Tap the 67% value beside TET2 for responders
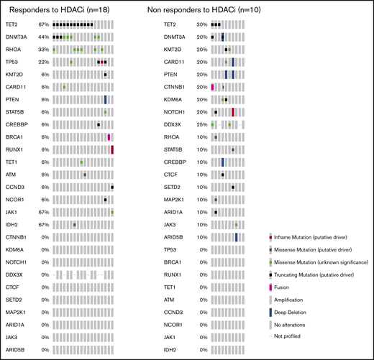(x=43, y=24)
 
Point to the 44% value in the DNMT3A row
(x=43, y=37)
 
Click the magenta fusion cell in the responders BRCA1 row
(x=109, y=137)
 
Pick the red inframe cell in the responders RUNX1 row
(x=113, y=149)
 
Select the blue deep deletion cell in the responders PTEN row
(x=105, y=99)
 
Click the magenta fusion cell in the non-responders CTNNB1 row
(x=213, y=87)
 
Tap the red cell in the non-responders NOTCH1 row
(x=234, y=112)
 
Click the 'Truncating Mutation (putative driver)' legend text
(x=307, y=274)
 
